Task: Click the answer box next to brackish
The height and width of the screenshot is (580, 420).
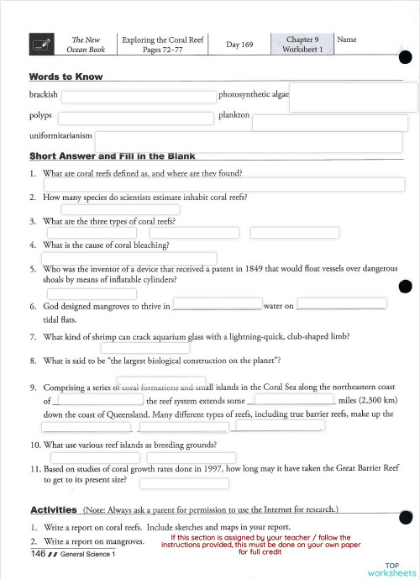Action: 138,98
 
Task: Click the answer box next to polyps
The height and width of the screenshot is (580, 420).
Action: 135,118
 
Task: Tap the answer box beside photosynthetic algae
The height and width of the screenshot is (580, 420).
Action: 353,97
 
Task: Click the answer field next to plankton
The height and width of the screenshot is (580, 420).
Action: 329,122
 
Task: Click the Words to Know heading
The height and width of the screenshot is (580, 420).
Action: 66,76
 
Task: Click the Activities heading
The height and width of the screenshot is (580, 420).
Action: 54,509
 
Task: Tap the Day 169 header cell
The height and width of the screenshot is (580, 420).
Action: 240,44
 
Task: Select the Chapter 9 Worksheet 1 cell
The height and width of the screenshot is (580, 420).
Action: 302,44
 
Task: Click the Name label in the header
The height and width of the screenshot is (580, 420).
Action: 346,40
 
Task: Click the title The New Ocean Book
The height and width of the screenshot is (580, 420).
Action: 86,45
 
